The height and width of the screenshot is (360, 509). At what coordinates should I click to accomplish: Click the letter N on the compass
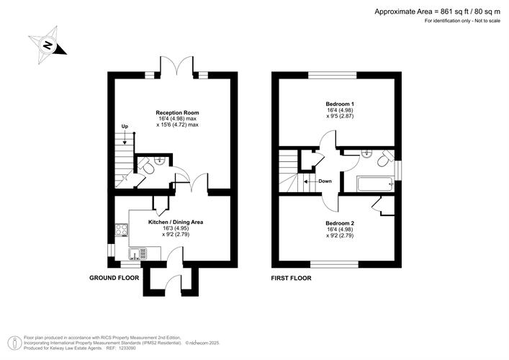48,45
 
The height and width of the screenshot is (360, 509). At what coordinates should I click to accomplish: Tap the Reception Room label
177,112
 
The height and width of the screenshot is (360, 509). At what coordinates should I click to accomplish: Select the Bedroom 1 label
340,104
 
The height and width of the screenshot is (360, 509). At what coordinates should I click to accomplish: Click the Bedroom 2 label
340,223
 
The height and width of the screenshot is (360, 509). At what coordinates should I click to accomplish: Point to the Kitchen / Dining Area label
176,222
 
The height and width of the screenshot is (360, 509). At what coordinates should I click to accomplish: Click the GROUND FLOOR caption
114,278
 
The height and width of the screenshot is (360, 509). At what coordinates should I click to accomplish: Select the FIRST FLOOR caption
291,278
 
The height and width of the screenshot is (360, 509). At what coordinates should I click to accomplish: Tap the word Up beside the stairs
125,126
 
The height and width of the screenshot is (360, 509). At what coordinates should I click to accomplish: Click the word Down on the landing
325,181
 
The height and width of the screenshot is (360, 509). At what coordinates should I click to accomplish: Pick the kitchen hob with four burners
122,230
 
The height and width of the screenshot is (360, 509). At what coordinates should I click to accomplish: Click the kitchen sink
138,253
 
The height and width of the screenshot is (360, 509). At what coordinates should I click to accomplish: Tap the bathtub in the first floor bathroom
376,184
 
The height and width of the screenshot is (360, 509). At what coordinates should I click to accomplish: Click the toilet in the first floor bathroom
385,158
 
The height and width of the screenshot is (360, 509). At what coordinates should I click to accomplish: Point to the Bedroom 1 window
332,76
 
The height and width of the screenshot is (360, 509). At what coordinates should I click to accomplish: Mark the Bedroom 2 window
334,264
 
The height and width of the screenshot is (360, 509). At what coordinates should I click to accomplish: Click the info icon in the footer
14,343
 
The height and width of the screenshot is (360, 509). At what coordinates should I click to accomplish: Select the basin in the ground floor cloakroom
160,160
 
